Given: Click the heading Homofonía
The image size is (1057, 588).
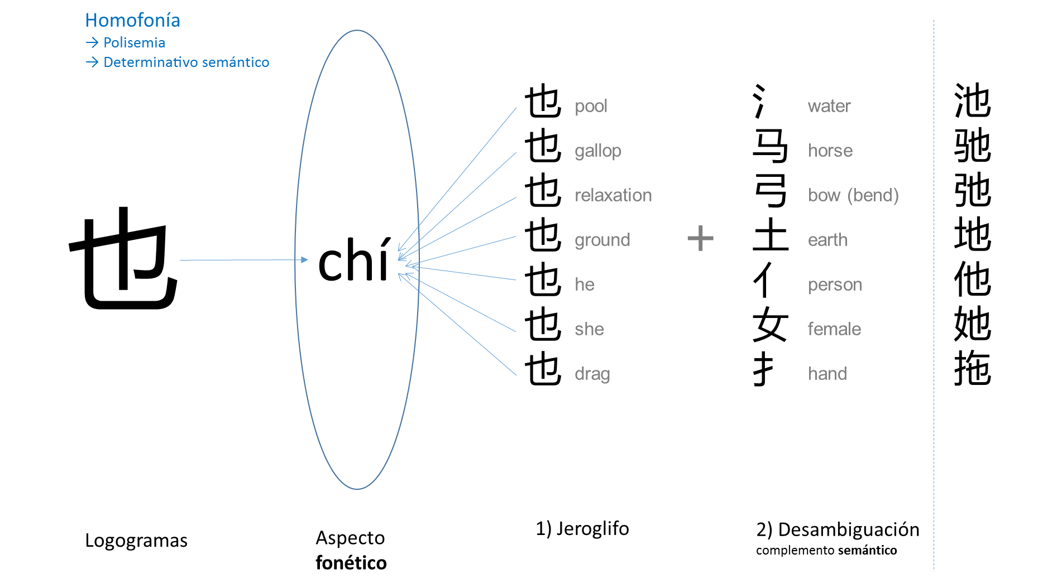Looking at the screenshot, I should tap(132, 21).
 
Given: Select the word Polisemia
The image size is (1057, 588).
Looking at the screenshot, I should tap(134, 43).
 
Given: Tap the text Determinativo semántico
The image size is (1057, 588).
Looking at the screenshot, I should tap(186, 62).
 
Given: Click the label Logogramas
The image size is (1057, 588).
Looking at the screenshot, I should tap(136, 541).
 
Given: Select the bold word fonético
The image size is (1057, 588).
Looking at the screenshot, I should tap(351, 563).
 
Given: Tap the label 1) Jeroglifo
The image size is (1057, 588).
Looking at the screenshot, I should tap(582, 528).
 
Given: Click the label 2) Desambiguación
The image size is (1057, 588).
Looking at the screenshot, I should tap(838, 529).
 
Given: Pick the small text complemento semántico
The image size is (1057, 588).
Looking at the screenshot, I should tap(826, 551).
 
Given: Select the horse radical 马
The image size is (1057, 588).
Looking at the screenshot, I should tap(770, 146).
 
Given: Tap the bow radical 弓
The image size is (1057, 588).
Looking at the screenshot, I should tap(770, 191).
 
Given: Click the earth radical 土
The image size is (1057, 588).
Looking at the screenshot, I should tap(770, 235).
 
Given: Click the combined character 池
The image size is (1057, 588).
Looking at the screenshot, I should tap(972, 101).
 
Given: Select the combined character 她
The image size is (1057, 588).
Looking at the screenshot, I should tap(972, 324).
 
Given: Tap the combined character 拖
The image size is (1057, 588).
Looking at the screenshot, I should tap(972, 369).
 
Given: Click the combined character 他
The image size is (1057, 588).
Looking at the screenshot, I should tap(972, 279).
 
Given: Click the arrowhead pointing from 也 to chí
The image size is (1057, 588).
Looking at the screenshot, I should tap(304, 259).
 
